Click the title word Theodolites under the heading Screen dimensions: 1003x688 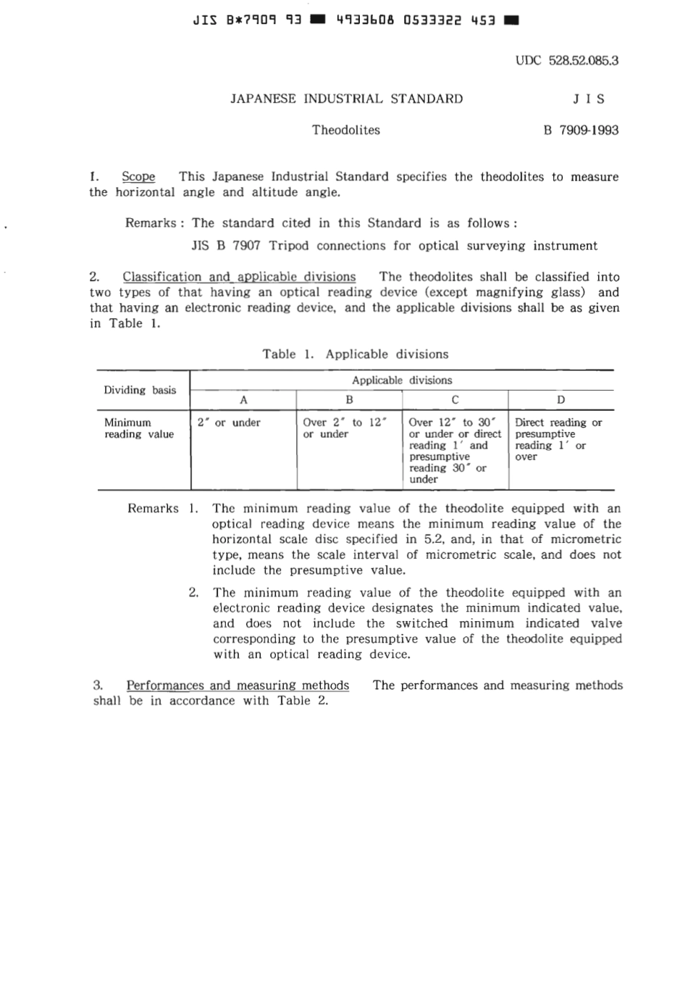coord(346,130)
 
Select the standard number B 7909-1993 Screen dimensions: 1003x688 coord(581,130)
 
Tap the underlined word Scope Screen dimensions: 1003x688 coord(138,177)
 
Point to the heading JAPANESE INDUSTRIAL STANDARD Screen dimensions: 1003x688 coord(346,99)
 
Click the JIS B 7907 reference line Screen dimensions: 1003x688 coord(394,246)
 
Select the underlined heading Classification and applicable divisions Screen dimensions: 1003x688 coord(239,277)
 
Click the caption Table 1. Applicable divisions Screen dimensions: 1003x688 coord(355,354)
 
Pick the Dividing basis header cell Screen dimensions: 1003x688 coord(140,390)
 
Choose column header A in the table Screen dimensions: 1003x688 coord(243,400)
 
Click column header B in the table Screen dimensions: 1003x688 coord(349,400)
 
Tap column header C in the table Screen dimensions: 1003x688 coord(455,400)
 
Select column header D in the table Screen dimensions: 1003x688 coord(561,400)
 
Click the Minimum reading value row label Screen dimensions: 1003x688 coord(139,428)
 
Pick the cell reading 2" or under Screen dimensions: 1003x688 coord(229,423)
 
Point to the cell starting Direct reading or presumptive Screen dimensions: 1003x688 coord(558,439)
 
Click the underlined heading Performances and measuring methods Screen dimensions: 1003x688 coord(238,686)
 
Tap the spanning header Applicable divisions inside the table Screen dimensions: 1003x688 coord(402,380)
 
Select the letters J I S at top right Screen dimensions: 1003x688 coord(589,99)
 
